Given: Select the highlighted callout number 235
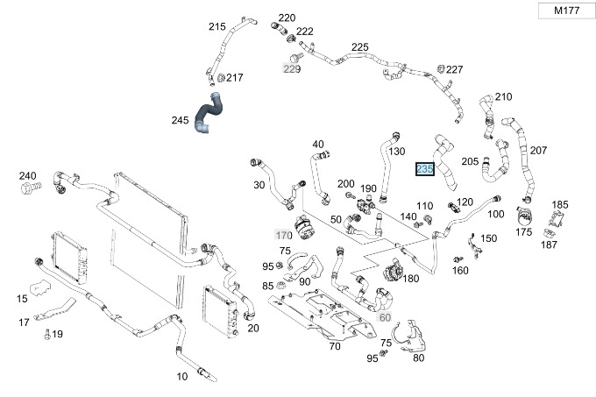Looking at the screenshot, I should [425, 169].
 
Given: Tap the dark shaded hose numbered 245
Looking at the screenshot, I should [210, 111].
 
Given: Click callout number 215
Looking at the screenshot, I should [217, 27].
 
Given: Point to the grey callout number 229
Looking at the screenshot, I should [292, 68].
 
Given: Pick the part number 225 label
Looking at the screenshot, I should [359, 47].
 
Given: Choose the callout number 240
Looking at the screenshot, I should [28, 175].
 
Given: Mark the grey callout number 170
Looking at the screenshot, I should [283, 236].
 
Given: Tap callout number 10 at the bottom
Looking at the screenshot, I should [182, 377].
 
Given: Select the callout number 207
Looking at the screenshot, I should [538, 151].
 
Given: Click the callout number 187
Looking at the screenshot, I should [549, 245].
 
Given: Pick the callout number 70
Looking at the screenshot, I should [334, 346].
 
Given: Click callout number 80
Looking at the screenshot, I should [418, 358].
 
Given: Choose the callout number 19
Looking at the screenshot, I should [57, 334].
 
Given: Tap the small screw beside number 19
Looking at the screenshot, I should [45, 333].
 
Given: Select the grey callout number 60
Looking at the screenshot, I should [386, 317].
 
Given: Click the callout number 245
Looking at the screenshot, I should [181, 120].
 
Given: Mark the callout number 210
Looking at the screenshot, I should [503, 96].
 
